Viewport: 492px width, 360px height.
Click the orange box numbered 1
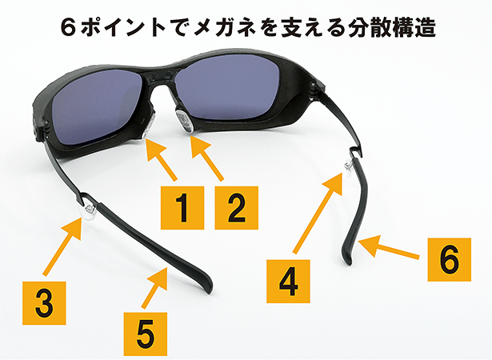point(182,208)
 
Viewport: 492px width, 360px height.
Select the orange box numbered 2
point(237,208)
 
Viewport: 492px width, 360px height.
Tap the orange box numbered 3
point(44,303)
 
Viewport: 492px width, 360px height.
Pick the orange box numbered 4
point(288,282)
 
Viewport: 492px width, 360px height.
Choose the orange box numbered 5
point(146,334)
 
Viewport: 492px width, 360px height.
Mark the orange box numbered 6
point(450,259)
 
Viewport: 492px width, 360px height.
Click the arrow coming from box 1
point(162,160)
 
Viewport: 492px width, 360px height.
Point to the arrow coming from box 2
point(207,159)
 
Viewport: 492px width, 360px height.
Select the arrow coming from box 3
point(62,247)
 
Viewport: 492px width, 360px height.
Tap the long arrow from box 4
point(318,213)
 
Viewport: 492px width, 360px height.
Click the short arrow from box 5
point(154,287)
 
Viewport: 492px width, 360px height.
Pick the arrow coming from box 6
point(389,248)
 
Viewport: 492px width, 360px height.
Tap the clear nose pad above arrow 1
point(149,125)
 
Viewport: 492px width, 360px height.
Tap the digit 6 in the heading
point(69,28)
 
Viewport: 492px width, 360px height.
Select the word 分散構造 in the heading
point(391,28)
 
